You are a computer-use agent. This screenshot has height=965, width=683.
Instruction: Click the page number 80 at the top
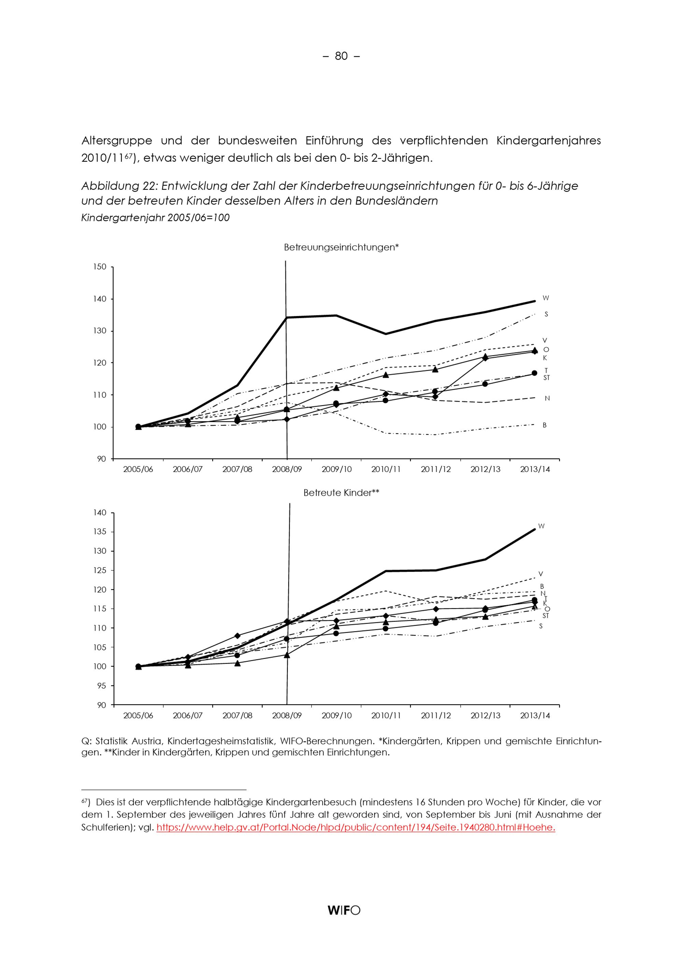(341, 56)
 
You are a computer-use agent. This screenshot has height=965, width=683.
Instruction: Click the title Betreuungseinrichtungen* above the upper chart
(341, 247)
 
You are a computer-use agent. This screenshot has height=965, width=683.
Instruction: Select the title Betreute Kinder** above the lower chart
(341, 493)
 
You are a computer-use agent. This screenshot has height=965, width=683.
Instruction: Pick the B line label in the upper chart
(545, 425)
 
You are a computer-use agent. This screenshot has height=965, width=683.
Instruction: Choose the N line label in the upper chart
(547, 398)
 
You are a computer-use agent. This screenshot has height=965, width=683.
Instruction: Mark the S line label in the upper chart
(546, 314)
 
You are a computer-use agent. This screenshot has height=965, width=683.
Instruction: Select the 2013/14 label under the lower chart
(535, 715)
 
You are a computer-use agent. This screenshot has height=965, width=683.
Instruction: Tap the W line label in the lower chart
(542, 526)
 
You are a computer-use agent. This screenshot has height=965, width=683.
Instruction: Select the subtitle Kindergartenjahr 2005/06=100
(155, 218)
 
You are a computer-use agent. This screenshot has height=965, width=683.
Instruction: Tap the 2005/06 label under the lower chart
(138, 715)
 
